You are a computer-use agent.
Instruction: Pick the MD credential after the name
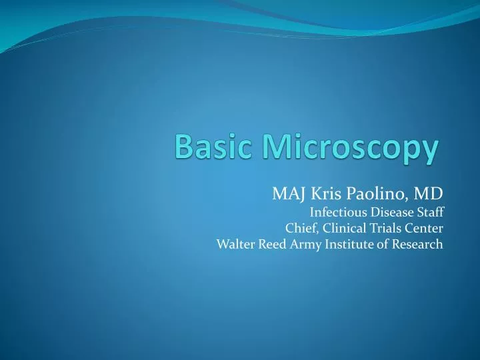click(428, 194)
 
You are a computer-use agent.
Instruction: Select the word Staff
click(430, 212)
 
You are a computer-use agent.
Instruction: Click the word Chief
click(301, 228)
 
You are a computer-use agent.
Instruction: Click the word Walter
click(235, 244)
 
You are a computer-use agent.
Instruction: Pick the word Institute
click(349, 244)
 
